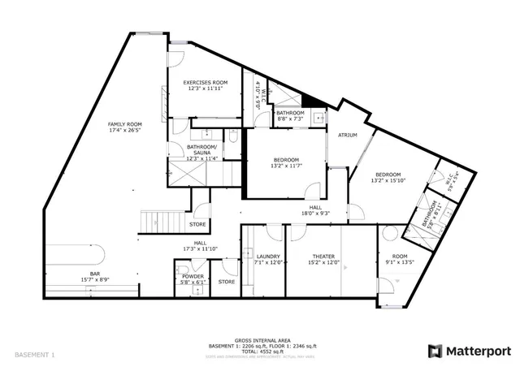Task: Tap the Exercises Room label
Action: (x=205, y=83)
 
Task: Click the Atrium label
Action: (x=338, y=136)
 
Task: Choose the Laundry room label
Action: (x=267, y=255)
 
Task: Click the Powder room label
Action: (x=193, y=276)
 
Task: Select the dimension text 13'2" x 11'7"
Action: (x=285, y=166)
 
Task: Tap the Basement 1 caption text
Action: (x=34, y=355)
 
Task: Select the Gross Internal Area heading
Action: (x=259, y=339)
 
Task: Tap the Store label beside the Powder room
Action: (x=227, y=282)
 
